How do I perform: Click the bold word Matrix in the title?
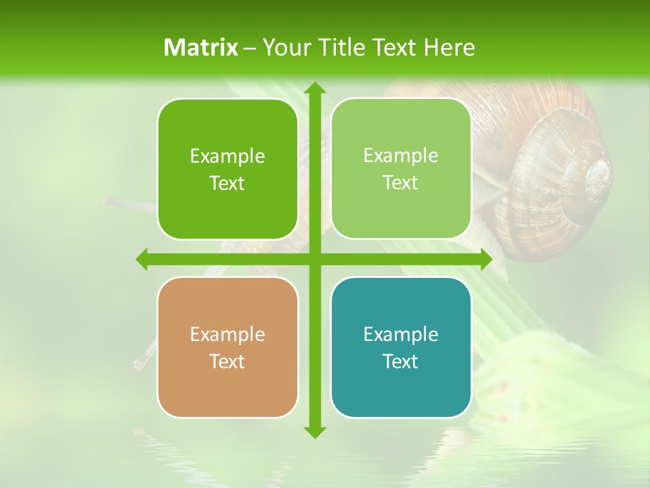pos(201,47)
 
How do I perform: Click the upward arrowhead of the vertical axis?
pos(314,89)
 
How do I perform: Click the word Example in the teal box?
pos(401,334)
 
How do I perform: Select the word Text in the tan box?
pos(227,361)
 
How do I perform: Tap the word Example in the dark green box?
pos(227,156)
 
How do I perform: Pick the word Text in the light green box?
pos(401,183)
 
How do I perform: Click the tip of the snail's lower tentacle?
pos(138,365)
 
